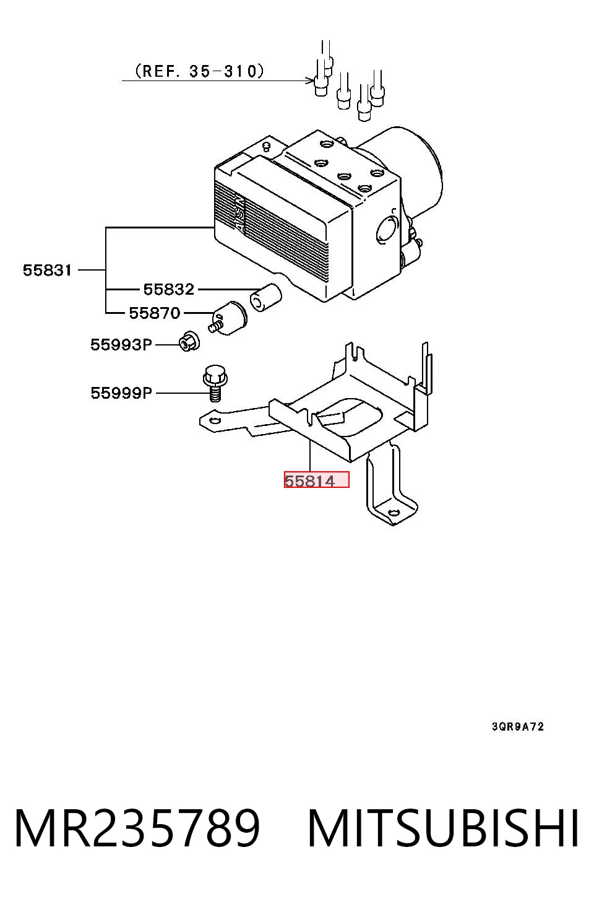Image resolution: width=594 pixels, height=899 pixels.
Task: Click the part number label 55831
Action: point(47,270)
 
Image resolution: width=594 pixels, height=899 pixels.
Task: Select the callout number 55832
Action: point(168,289)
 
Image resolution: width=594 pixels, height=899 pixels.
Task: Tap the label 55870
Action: point(155,313)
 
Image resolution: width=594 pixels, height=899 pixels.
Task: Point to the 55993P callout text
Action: point(121,344)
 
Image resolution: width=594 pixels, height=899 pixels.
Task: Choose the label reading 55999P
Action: point(121,393)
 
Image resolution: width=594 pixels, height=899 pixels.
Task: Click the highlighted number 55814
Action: point(309,481)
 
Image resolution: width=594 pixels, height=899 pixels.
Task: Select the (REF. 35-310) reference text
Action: point(199,71)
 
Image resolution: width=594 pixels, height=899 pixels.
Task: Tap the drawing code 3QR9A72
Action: point(518,726)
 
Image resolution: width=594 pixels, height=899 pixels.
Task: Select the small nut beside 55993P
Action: point(189,342)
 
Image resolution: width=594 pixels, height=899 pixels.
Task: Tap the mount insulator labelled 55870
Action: point(228,318)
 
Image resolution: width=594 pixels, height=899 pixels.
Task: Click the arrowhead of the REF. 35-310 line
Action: point(309,81)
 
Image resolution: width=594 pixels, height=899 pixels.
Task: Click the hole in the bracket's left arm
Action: point(215,420)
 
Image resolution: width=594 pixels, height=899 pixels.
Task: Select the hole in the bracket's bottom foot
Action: point(394,513)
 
